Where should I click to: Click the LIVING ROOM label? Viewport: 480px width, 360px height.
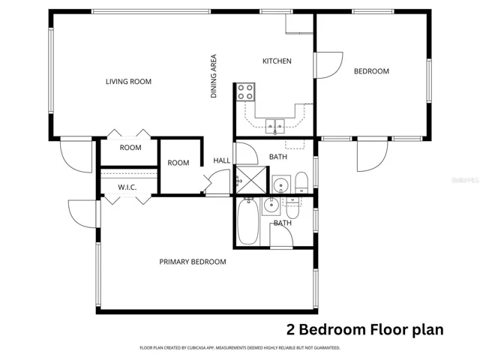(128, 82)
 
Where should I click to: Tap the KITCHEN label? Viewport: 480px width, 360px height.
(277, 61)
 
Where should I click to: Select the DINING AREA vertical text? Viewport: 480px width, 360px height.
(213, 76)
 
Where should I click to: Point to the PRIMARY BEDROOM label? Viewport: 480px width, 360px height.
(193, 262)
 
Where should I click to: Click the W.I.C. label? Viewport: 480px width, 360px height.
(127, 187)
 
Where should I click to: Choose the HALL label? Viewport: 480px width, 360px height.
(222, 160)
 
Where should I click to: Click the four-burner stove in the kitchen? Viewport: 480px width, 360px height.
(245, 91)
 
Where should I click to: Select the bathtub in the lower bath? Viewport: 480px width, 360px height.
(248, 221)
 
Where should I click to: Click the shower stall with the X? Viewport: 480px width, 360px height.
(251, 180)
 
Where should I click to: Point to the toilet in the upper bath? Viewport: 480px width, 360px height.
(301, 183)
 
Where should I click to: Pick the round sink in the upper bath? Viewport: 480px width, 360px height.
(281, 184)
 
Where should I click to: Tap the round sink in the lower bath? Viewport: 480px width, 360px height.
(271, 205)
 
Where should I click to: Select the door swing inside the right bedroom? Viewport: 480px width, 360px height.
(328, 65)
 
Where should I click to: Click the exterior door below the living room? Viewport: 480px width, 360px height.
(76, 154)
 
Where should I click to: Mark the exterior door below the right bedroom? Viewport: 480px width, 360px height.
(372, 154)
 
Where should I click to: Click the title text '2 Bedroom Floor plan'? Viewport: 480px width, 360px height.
(365, 330)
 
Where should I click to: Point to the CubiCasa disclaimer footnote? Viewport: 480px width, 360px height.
(240, 348)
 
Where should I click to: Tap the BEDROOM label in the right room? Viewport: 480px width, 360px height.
(371, 71)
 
